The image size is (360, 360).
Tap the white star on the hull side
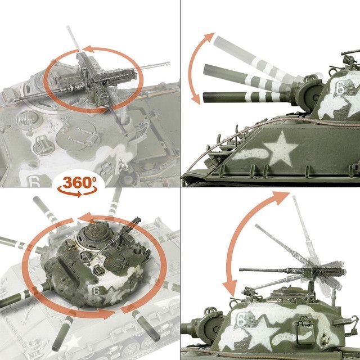[x=280, y=150]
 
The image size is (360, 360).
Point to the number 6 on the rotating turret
[x=96, y=291]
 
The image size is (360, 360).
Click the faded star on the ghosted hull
[x=73, y=341]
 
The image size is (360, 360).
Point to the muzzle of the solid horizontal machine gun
[x=241, y=270]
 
